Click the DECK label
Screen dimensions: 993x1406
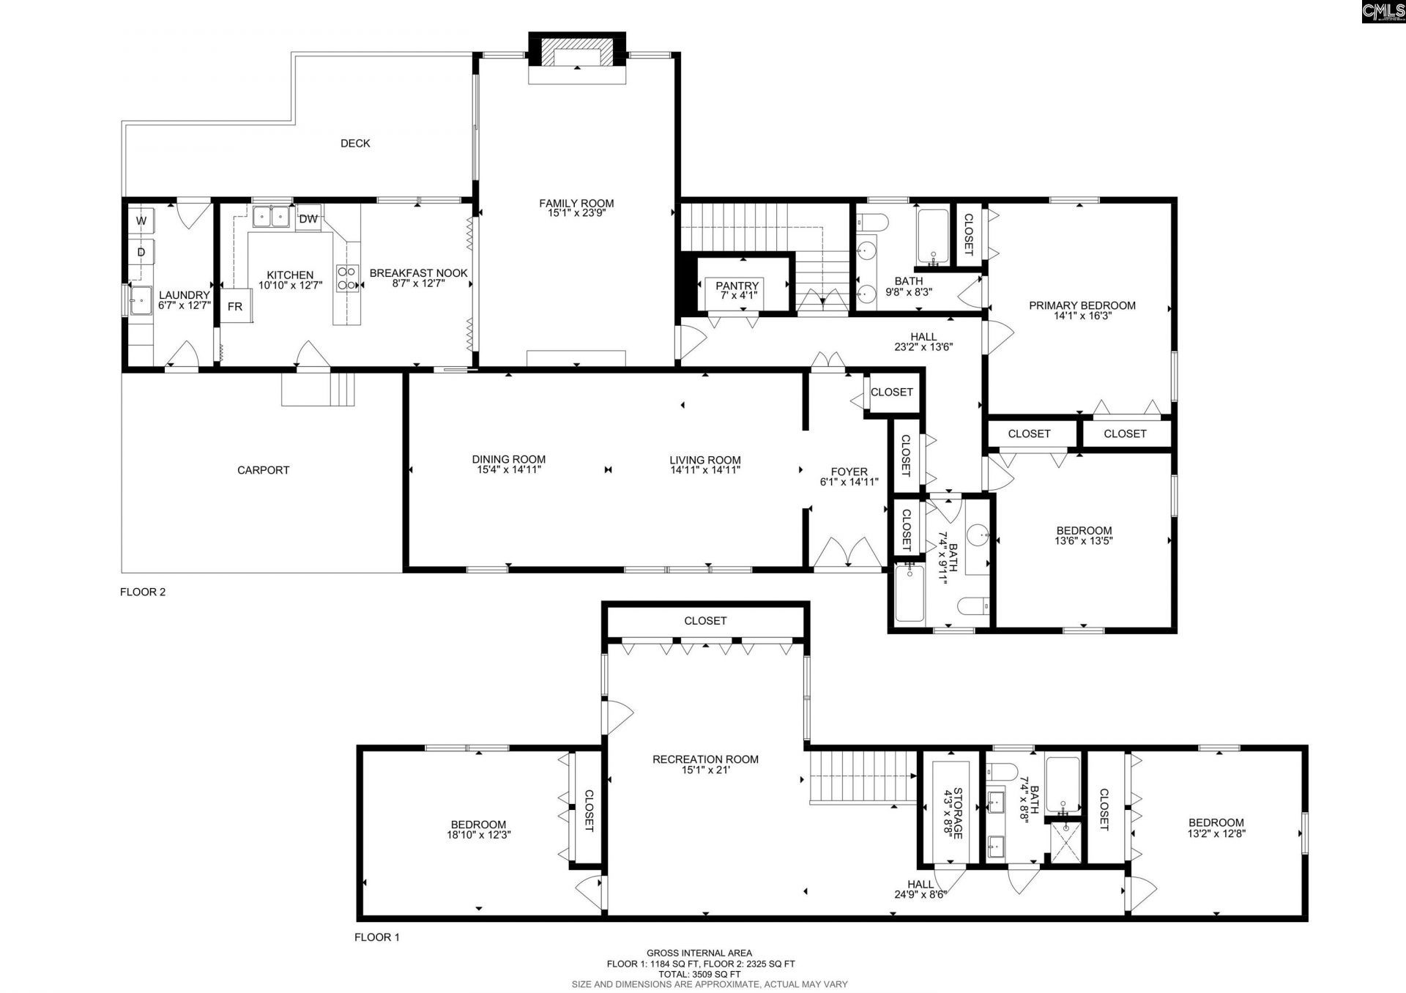355,144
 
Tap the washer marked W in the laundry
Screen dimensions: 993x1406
141,220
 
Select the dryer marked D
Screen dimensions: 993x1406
141,253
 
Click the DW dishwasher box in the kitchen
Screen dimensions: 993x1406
308,219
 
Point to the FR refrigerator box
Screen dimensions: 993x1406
235,307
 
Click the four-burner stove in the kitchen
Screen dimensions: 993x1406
347,278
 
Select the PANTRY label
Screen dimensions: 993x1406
737,286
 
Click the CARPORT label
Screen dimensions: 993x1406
263,470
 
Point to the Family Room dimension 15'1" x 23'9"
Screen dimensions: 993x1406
576,214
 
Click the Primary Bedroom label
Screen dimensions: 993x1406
1082,305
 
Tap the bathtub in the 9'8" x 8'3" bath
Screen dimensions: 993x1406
933,237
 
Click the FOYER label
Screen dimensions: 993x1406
849,472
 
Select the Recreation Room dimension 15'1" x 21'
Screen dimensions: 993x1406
705,770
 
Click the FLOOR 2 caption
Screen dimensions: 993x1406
143,592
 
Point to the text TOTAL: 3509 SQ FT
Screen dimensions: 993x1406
709,975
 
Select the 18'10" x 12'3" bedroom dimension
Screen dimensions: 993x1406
478,834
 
